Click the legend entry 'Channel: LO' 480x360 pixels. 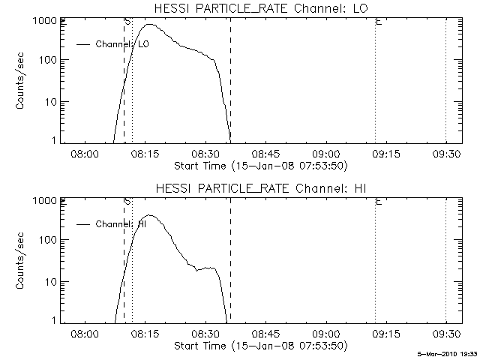(122, 44)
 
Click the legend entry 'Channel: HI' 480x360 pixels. (120, 223)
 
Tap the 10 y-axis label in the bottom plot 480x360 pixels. (51, 281)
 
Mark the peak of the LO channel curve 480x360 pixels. (151, 25)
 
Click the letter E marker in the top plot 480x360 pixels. (379, 22)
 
